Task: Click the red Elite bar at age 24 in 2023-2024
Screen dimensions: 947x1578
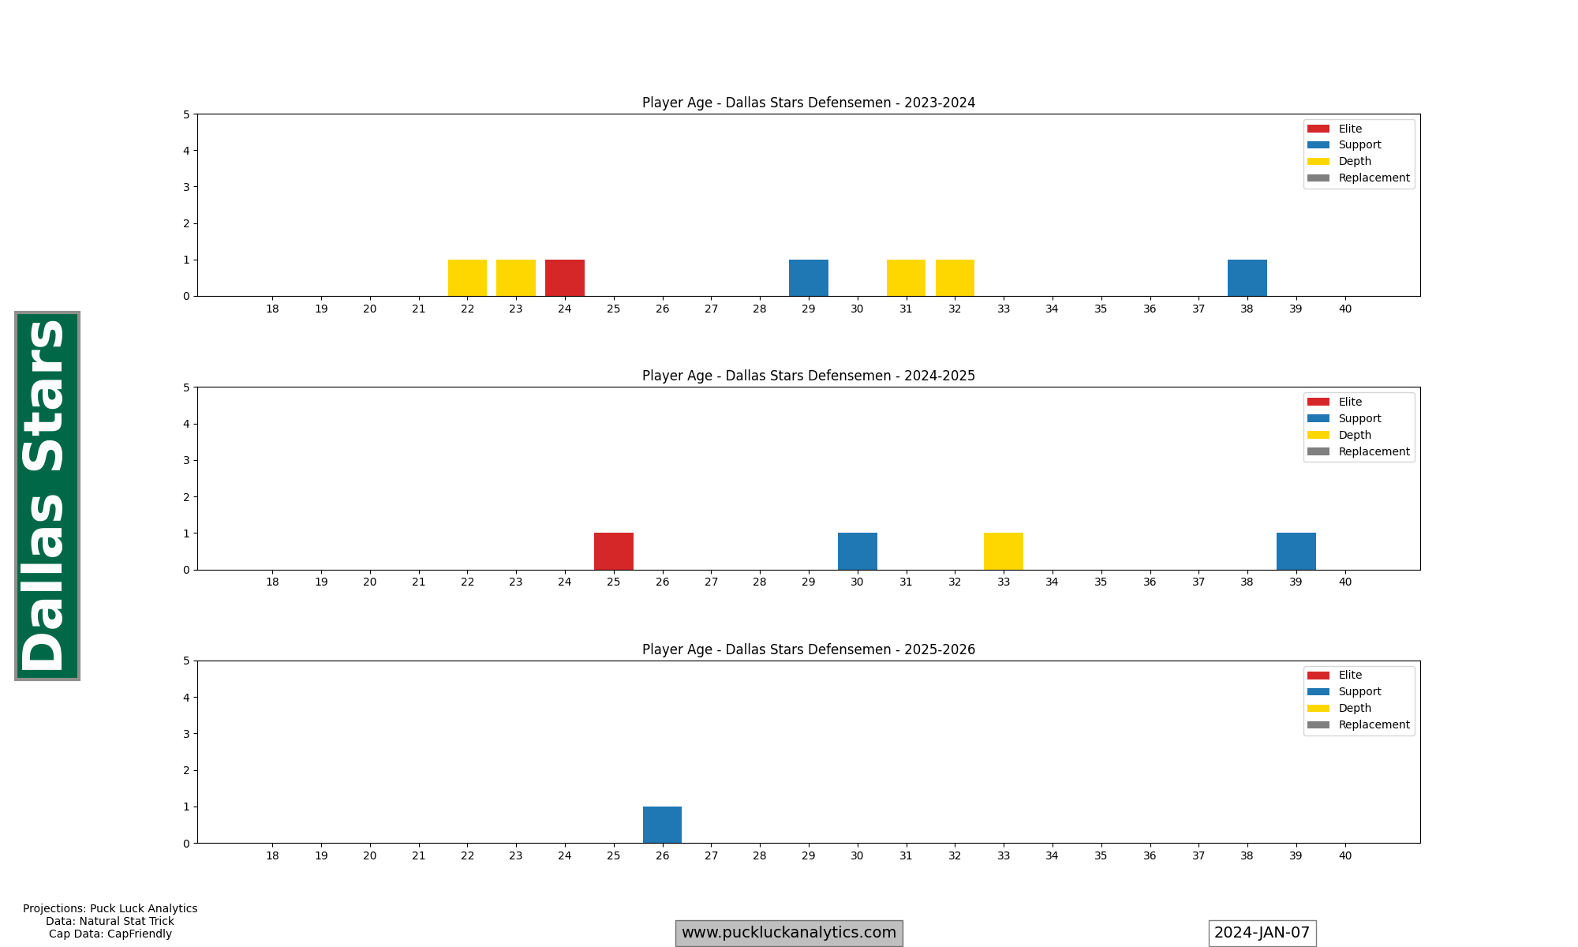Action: pos(565,278)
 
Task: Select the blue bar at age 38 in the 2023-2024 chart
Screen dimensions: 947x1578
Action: pos(1247,278)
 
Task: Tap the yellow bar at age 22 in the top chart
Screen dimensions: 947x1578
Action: pos(467,278)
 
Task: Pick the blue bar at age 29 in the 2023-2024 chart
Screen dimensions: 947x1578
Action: pos(809,278)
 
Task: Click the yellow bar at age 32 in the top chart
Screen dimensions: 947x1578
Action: pos(955,278)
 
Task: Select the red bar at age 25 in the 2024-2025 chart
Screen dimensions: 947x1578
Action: pos(614,552)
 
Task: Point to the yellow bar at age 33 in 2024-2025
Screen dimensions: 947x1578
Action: pos(1004,552)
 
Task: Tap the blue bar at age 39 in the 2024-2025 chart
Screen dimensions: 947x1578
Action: pos(1296,552)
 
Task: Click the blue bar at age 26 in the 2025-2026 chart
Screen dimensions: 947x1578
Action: pos(662,825)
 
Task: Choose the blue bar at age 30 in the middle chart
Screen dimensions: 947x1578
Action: pos(858,552)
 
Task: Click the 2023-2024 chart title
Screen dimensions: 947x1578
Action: pos(809,103)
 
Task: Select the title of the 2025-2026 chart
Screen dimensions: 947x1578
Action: pos(809,649)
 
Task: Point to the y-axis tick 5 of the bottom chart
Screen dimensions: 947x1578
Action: pos(186,661)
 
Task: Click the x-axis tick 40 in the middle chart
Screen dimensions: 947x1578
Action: pos(1345,582)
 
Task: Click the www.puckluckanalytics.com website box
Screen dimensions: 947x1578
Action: pos(789,933)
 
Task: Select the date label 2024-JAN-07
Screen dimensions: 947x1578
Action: pos(1262,933)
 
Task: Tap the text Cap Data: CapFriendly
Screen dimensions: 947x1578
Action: pos(110,934)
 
